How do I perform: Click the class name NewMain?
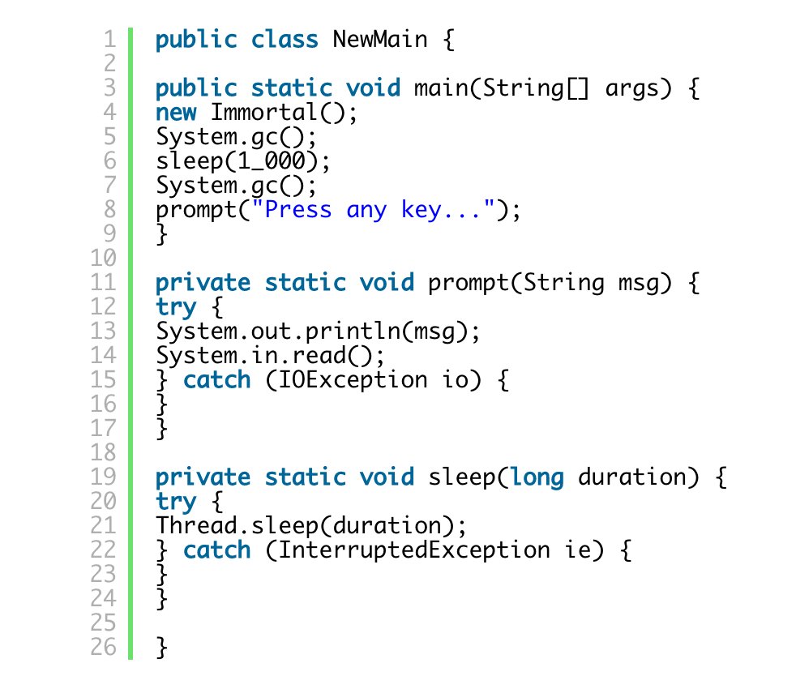click(x=379, y=40)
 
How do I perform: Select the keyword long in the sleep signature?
click(x=536, y=477)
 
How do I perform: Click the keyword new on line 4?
click(x=176, y=113)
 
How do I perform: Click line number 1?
click(x=110, y=40)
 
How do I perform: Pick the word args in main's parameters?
click(x=632, y=88)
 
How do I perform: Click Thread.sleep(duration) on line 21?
click(x=311, y=526)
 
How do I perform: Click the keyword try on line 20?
click(x=176, y=502)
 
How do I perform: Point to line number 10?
click(x=105, y=259)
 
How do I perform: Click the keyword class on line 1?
click(x=284, y=40)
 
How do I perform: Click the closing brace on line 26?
click(x=162, y=648)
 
